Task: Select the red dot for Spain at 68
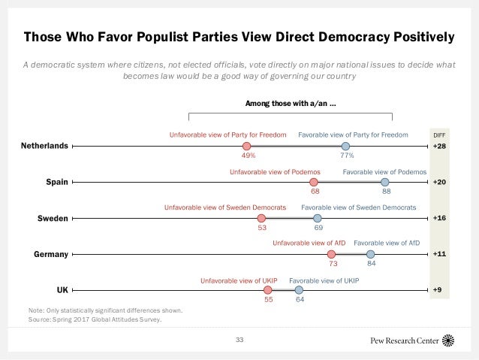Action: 314,182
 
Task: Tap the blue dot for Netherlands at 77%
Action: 345,146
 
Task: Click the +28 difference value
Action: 440,146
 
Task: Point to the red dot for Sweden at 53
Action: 261,218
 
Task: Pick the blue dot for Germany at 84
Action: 371,254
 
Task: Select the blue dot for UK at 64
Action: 299,289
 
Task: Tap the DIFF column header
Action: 440,135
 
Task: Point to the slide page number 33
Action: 239,340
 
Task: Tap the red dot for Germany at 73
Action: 331,254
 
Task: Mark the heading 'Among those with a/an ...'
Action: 291,102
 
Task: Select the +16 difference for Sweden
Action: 440,218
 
